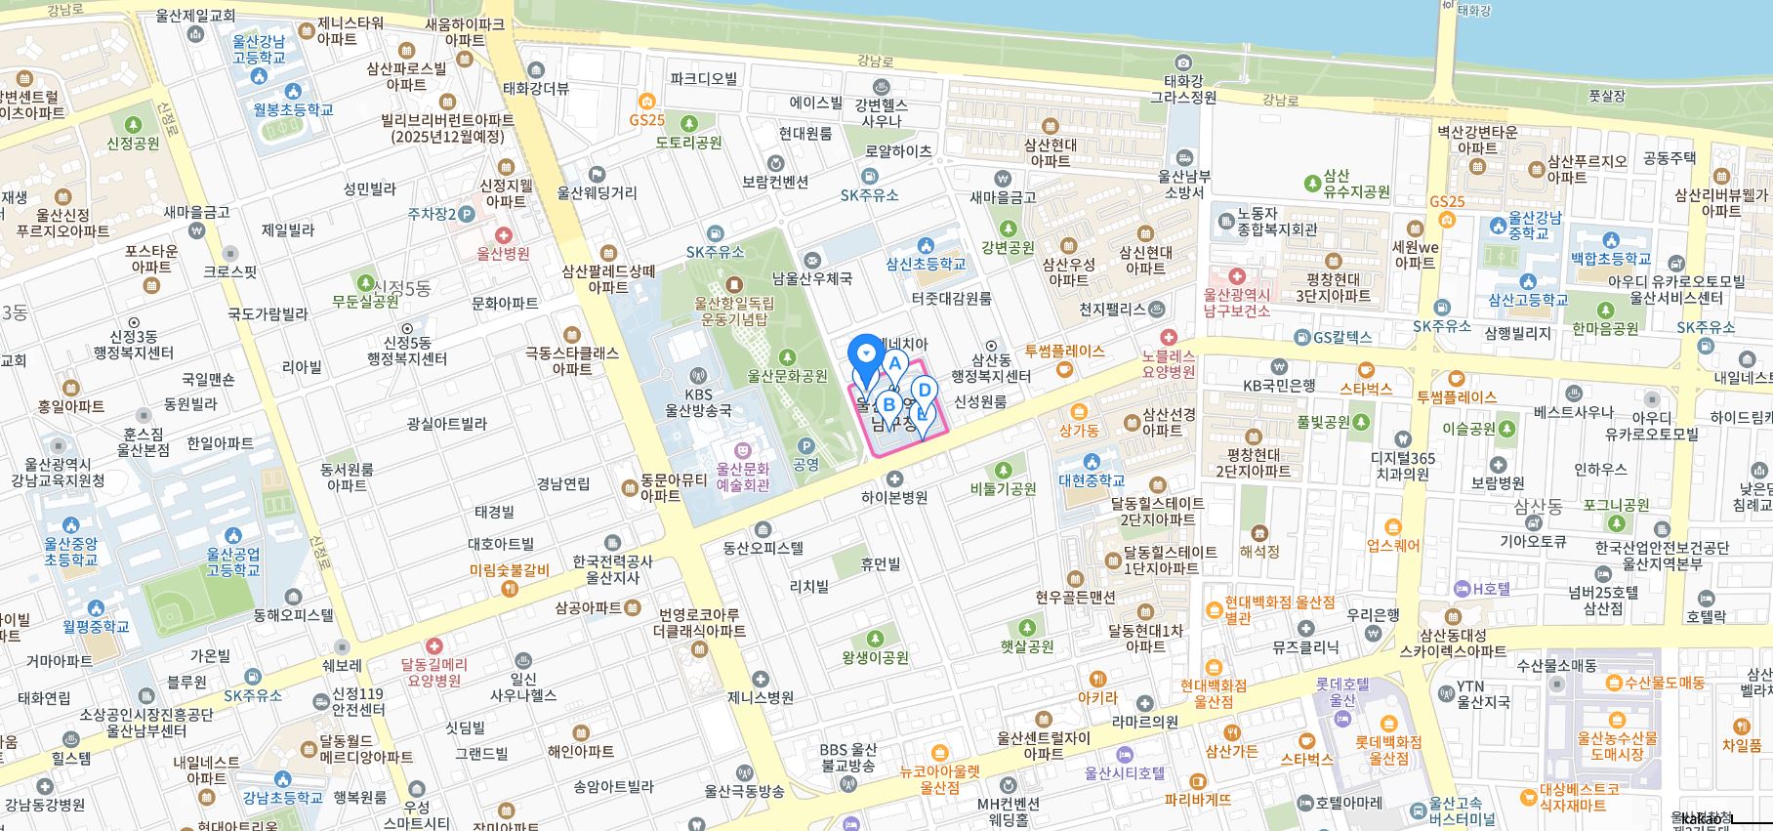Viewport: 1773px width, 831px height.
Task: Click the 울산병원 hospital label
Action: click(503, 253)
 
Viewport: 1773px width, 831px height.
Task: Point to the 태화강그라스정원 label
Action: click(1183, 89)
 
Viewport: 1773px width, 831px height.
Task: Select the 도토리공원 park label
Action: click(689, 142)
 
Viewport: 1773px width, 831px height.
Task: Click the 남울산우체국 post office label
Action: click(812, 278)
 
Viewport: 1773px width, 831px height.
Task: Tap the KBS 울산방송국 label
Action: click(698, 402)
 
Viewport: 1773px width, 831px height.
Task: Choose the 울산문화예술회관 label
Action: click(743, 477)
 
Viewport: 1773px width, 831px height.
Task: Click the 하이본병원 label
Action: click(894, 497)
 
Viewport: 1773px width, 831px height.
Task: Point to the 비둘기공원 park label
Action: click(1004, 488)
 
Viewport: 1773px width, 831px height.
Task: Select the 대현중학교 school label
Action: click(1092, 480)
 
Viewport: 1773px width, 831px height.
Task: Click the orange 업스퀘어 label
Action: click(1393, 545)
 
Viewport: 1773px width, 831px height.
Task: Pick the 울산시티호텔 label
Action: click(1125, 772)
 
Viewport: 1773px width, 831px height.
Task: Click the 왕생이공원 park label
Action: click(876, 657)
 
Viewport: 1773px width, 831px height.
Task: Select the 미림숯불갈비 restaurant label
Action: click(509, 570)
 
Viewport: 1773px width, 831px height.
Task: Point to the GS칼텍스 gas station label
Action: click(1342, 337)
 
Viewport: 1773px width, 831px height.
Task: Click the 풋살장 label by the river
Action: click(1606, 96)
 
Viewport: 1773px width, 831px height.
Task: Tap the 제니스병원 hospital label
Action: click(761, 697)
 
